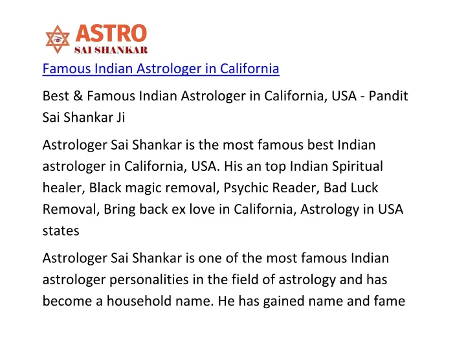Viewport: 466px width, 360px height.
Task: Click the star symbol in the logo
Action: coord(58,39)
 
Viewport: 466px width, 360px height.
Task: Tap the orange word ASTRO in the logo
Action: coord(111,33)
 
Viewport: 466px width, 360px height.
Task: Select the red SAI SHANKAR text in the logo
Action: coord(111,50)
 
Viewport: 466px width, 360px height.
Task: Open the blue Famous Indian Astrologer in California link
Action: coord(161,69)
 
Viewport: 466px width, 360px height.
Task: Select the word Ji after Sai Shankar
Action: coord(120,117)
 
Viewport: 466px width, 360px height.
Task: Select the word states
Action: coord(61,231)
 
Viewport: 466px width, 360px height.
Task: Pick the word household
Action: coord(139,301)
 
